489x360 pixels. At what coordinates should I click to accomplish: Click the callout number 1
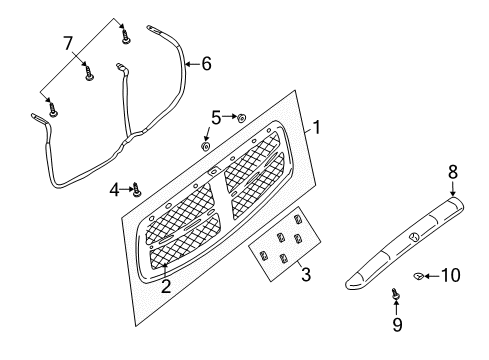[316, 127]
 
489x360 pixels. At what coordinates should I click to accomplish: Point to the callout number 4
[115, 187]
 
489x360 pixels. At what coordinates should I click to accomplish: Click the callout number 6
[206, 64]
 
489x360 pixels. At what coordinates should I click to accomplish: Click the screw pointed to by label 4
[138, 188]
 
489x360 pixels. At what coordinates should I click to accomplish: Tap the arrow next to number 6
[191, 65]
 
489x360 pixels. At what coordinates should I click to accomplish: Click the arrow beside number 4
[127, 187]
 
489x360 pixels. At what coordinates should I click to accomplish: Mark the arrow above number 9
[397, 308]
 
